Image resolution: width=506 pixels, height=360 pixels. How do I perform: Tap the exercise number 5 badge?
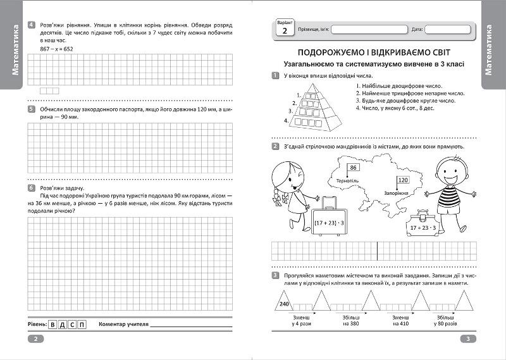pyautogui.click(x=31, y=109)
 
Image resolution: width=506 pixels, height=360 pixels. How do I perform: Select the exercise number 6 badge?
pyautogui.click(x=31, y=188)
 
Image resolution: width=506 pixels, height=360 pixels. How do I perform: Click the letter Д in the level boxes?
pyautogui.click(x=62, y=325)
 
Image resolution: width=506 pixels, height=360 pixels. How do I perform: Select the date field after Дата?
pyautogui.click(x=447, y=29)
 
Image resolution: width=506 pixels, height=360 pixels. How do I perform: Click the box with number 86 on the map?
pyautogui.click(x=354, y=168)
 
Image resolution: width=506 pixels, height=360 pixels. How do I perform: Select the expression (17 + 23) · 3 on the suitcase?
pyautogui.click(x=329, y=222)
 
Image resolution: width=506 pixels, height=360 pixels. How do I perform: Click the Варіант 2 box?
pyautogui.click(x=284, y=27)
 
